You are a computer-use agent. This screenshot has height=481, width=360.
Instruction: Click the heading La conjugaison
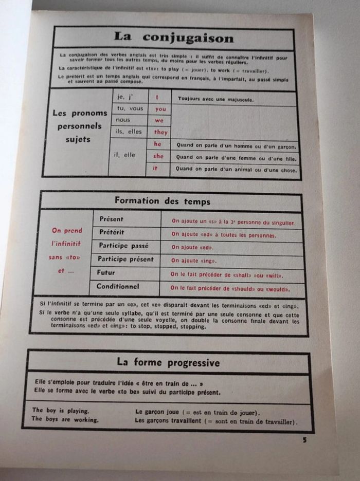[x=174, y=38]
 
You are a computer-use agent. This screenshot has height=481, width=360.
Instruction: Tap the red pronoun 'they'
[x=160, y=132]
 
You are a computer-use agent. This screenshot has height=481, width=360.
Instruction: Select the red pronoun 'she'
[x=159, y=156]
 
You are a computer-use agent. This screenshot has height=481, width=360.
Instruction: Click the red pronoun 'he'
[x=158, y=144]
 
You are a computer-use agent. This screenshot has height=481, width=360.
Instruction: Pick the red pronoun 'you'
[x=160, y=109]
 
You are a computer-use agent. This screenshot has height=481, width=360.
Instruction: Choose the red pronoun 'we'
[x=159, y=120]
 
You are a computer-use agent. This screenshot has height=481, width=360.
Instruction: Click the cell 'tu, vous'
[x=130, y=108]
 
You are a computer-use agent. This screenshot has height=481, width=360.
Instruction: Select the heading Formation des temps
[x=163, y=201]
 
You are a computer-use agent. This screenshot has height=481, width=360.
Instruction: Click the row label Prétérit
[x=112, y=232]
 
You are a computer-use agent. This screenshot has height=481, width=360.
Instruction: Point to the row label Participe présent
[x=125, y=258]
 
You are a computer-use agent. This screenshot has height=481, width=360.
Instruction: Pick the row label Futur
[x=105, y=272]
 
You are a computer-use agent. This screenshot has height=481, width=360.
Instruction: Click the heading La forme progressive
[x=168, y=362]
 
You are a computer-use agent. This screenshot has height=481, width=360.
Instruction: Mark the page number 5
[x=304, y=439]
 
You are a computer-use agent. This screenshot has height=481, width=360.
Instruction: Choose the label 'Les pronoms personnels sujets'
[x=80, y=126]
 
